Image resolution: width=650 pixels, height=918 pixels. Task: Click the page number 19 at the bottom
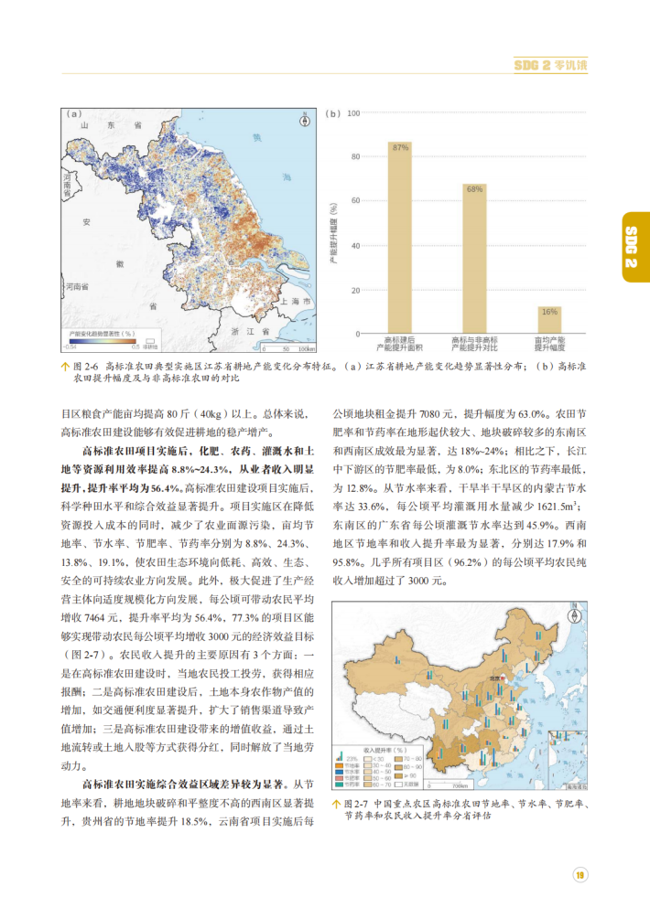580,875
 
